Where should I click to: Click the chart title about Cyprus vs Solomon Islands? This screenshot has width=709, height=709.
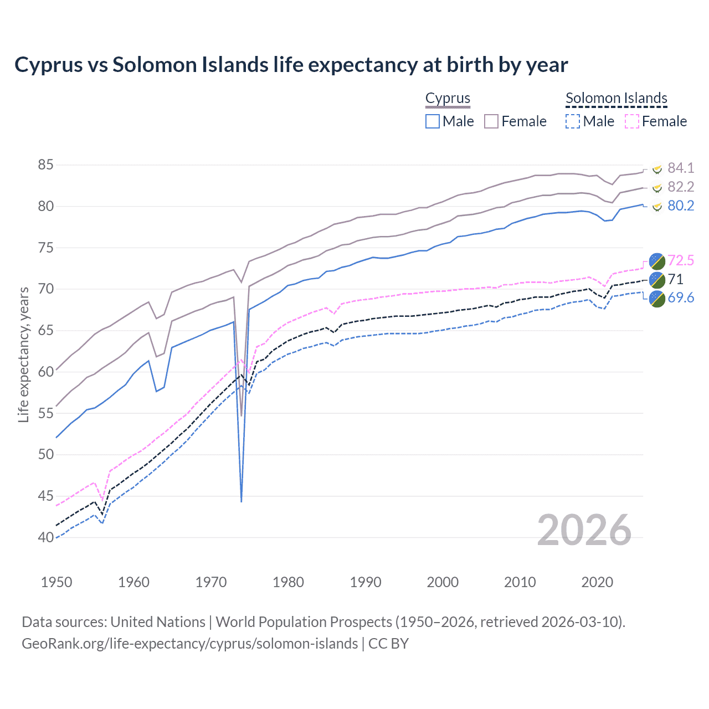291,65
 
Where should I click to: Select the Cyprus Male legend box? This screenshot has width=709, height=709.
433,121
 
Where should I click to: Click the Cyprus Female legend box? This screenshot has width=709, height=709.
492,121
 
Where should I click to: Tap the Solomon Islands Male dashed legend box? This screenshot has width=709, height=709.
573,121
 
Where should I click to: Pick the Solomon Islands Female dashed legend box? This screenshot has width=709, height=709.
632,121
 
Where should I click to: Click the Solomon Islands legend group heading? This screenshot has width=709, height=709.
616,99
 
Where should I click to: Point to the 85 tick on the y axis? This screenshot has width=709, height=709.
45,165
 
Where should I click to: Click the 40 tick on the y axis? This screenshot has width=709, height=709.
45,537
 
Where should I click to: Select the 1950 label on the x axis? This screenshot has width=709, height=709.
56,582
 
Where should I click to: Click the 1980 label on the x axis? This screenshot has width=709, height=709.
288,582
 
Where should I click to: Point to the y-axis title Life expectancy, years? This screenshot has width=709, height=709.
23,354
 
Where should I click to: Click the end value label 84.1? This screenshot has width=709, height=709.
681,168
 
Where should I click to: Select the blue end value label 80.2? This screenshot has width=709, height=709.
681,206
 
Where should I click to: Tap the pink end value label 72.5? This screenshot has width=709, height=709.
681,260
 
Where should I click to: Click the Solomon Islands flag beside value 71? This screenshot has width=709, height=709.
657,279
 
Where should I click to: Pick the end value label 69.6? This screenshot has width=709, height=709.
681,298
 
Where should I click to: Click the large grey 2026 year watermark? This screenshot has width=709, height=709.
584,530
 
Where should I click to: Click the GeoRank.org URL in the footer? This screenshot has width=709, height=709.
189,644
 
